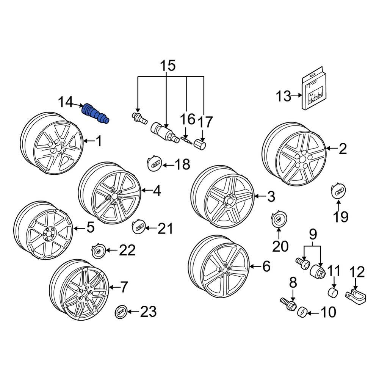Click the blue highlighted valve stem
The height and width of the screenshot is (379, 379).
click(x=96, y=113)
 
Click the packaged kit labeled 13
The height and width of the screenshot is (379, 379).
click(x=314, y=92)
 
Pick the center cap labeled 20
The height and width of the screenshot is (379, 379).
click(x=279, y=220)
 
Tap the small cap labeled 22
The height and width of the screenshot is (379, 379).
click(x=98, y=251)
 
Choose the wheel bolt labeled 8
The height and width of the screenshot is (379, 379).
click(x=288, y=304)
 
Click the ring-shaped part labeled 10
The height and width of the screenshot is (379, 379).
click(x=302, y=312)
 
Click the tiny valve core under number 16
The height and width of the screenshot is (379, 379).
click(x=186, y=139)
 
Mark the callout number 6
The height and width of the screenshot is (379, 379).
click(x=266, y=266)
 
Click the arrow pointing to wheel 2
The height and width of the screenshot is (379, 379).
click(x=332, y=149)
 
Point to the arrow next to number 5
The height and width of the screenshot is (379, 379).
click(x=79, y=228)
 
